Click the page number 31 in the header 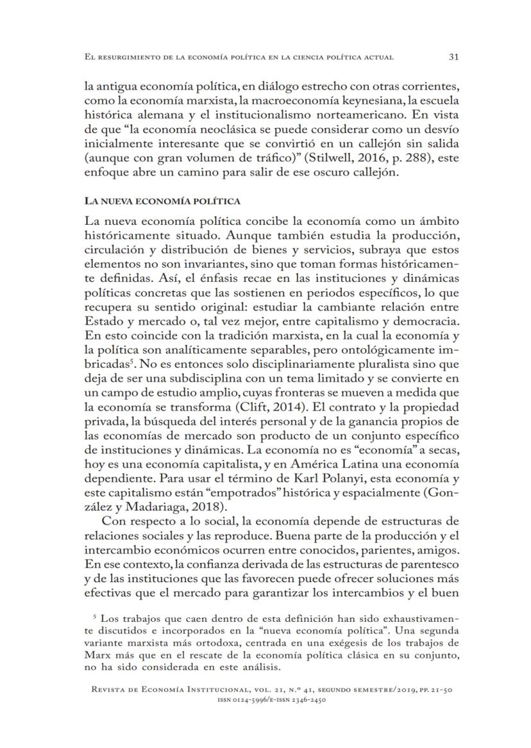coord(453,57)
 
